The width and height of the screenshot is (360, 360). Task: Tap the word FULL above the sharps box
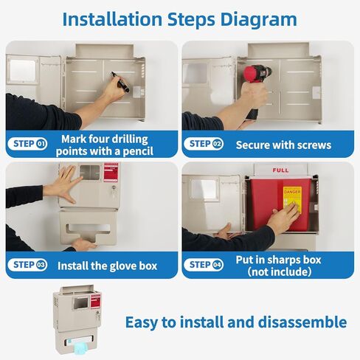point(280,170)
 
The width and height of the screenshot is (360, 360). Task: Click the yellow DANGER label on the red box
point(293,198)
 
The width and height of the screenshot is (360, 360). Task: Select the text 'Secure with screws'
point(283,145)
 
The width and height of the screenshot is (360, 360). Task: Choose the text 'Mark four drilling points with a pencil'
point(105,145)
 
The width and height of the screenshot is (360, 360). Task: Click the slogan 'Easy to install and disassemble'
point(235,322)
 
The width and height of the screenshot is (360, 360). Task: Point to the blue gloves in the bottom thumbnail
point(78,341)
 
